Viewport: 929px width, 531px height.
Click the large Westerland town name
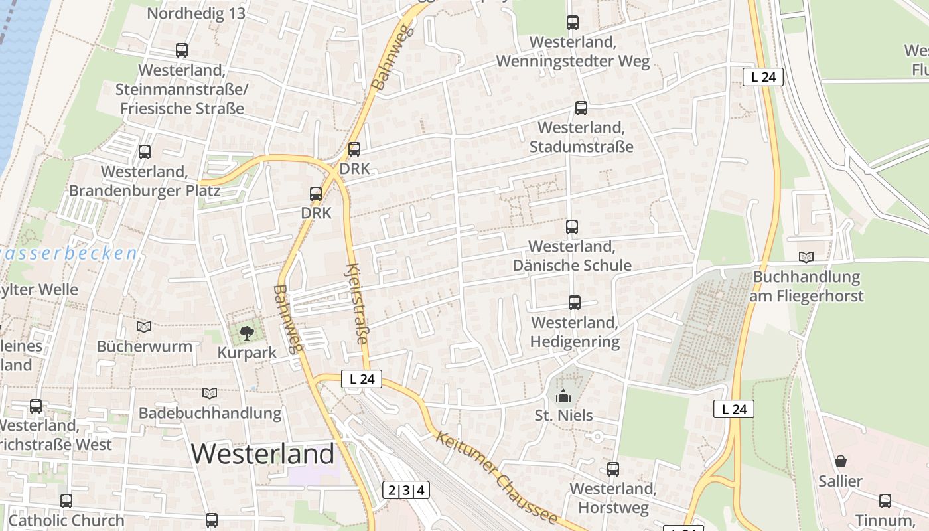point(263,454)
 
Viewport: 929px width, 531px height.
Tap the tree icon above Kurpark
point(246,332)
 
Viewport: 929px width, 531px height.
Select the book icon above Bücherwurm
point(144,327)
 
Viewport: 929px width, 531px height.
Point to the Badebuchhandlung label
point(210,413)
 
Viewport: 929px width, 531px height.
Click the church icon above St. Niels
point(563,396)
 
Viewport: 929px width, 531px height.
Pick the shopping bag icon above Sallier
point(840,461)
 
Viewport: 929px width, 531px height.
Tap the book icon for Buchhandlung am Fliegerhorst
point(806,257)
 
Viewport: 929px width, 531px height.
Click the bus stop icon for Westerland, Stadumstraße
point(581,108)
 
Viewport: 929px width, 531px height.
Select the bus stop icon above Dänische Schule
point(572,227)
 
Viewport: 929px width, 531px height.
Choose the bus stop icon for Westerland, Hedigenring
point(575,303)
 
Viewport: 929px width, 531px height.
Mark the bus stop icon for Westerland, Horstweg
point(613,469)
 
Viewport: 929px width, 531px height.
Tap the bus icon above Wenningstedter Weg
point(573,23)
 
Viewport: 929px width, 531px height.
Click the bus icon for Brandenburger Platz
point(145,152)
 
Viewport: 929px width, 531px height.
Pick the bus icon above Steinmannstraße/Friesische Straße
point(181,50)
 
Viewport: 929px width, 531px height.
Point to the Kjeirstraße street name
point(356,304)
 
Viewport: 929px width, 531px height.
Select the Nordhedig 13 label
point(196,13)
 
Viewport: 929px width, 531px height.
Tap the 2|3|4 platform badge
point(406,491)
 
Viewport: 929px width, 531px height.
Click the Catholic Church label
point(66,520)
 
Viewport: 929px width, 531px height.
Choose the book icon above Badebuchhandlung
point(210,394)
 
